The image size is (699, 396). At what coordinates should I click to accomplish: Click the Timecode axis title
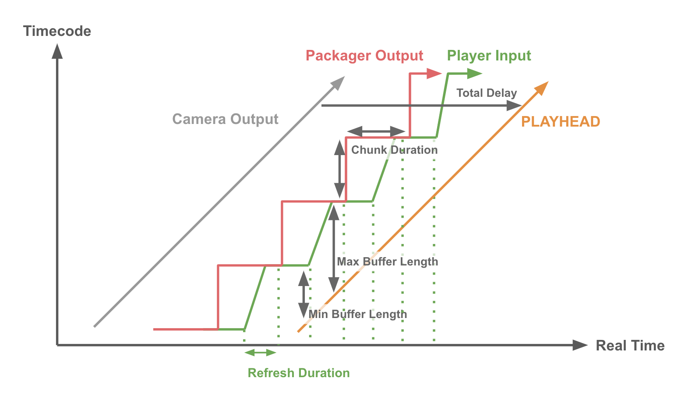tap(57, 31)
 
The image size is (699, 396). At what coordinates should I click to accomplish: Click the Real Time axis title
tap(630, 346)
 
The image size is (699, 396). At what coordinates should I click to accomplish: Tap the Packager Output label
tap(364, 56)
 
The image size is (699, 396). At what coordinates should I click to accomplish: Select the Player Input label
tap(489, 56)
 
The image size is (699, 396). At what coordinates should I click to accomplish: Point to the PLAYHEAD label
tap(560, 121)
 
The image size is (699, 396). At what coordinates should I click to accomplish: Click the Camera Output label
tap(225, 119)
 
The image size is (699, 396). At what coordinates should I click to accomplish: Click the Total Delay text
tap(487, 93)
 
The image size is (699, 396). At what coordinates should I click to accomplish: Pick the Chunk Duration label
tap(394, 150)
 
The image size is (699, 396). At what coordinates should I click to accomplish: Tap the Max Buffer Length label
tap(387, 262)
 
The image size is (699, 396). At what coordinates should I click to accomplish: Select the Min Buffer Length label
tap(357, 314)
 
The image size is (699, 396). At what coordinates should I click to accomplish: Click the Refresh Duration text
tap(299, 373)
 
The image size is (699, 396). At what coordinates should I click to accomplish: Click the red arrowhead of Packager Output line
tap(434, 74)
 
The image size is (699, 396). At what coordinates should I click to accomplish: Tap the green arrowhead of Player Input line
tap(474, 74)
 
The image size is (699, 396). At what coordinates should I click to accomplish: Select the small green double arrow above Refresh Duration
tap(260, 353)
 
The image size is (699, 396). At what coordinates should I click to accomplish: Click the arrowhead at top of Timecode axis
tap(57, 51)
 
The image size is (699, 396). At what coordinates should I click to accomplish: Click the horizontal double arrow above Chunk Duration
tap(376, 131)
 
